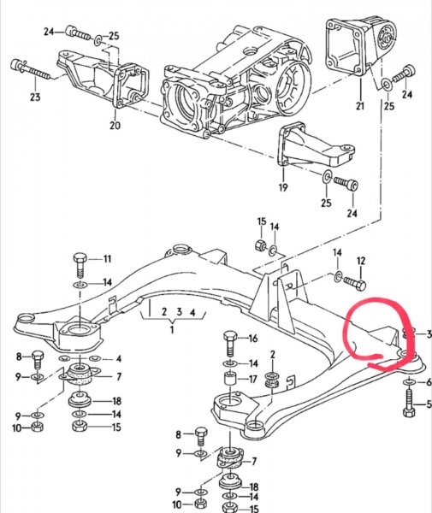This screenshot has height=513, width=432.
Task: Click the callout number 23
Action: (x=35, y=97)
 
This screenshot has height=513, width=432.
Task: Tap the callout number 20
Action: (x=115, y=125)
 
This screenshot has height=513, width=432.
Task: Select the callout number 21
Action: (x=360, y=106)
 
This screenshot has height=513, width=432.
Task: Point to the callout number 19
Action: (x=283, y=187)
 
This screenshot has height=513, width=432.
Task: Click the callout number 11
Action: (x=107, y=259)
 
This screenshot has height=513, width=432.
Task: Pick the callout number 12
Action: (x=361, y=261)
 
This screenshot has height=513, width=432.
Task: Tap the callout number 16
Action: (x=253, y=338)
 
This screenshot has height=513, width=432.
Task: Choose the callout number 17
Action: (x=252, y=379)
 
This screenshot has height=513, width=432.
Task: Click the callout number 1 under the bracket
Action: (x=172, y=329)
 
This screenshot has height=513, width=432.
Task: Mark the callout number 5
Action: (x=429, y=404)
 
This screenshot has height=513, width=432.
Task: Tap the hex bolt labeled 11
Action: (x=80, y=265)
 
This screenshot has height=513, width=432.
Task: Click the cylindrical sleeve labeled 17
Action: (x=231, y=380)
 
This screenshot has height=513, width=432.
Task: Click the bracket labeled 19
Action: (x=315, y=146)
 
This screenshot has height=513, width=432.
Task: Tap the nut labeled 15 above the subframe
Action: (x=260, y=244)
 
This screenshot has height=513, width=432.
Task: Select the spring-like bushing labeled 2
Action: (x=272, y=380)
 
